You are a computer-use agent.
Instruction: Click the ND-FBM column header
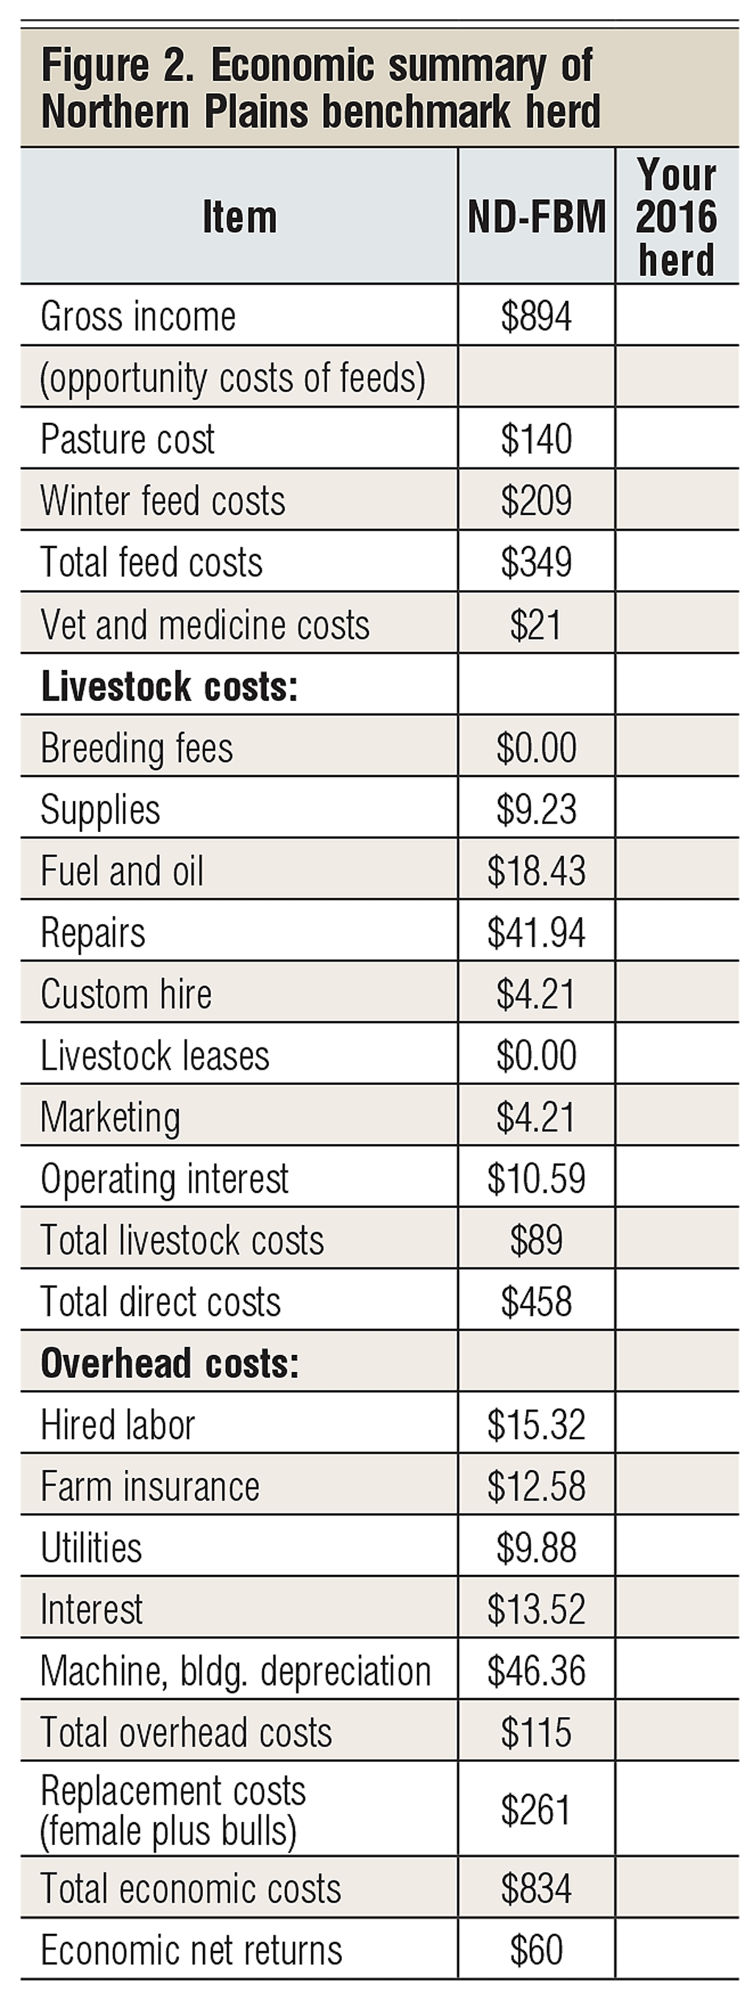tap(535, 217)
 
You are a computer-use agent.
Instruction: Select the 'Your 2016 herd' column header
tap(676, 217)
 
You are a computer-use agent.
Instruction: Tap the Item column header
tap(239, 217)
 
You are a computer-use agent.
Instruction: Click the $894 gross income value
tap(535, 316)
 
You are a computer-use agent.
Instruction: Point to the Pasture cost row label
tap(127, 440)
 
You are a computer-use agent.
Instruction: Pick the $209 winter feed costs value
tap(535, 501)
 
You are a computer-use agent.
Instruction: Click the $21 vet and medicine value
tap(535, 625)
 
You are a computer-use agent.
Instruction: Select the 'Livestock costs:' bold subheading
tap(169, 686)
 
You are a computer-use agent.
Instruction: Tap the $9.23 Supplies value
tap(535, 809)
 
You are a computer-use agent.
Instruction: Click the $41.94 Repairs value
tap(535, 932)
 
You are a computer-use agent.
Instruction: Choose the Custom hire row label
tap(126, 995)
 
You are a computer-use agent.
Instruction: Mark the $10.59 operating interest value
tap(535, 1179)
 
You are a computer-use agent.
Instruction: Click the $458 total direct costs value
tap(535, 1302)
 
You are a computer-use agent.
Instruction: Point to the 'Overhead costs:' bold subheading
tap(169, 1363)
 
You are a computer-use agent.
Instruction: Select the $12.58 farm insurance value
tap(535, 1487)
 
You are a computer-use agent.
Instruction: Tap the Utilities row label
tap(91, 1547)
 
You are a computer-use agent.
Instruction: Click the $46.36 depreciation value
tap(535, 1671)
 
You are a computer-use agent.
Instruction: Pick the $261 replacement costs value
tap(535, 1810)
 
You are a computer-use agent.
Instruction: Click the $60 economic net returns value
tap(535, 1950)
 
